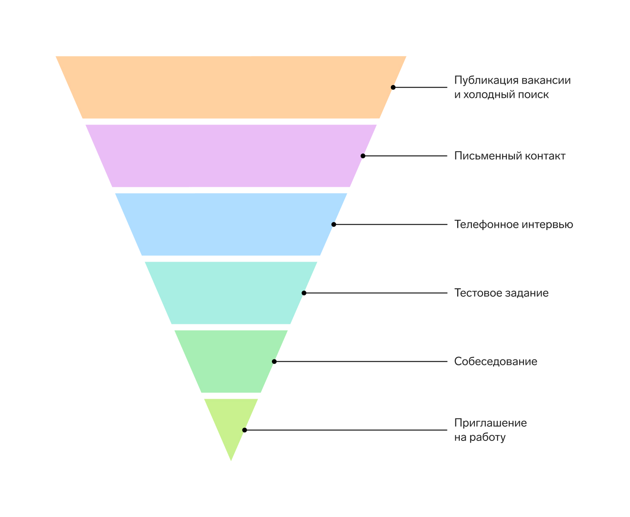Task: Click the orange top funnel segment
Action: (231, 87)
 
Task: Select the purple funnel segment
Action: (231, 156)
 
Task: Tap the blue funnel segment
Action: (231, 224)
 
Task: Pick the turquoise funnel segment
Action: (231, 293)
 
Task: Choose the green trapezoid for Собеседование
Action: (231, 361)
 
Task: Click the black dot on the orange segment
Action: (393, 87)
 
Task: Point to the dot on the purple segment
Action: (363, 156)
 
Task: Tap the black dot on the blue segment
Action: (334, 224)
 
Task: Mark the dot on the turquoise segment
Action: (304, 293)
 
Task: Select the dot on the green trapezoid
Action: (274, 361)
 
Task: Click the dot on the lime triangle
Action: (245, 430)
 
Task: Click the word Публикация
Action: (486, 81)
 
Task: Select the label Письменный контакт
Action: (510, 156)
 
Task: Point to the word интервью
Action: (547, 224)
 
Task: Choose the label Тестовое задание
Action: (501, 293)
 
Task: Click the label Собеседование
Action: (495, 361)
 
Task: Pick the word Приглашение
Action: (490, 423)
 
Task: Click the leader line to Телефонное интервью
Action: (391, 224)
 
